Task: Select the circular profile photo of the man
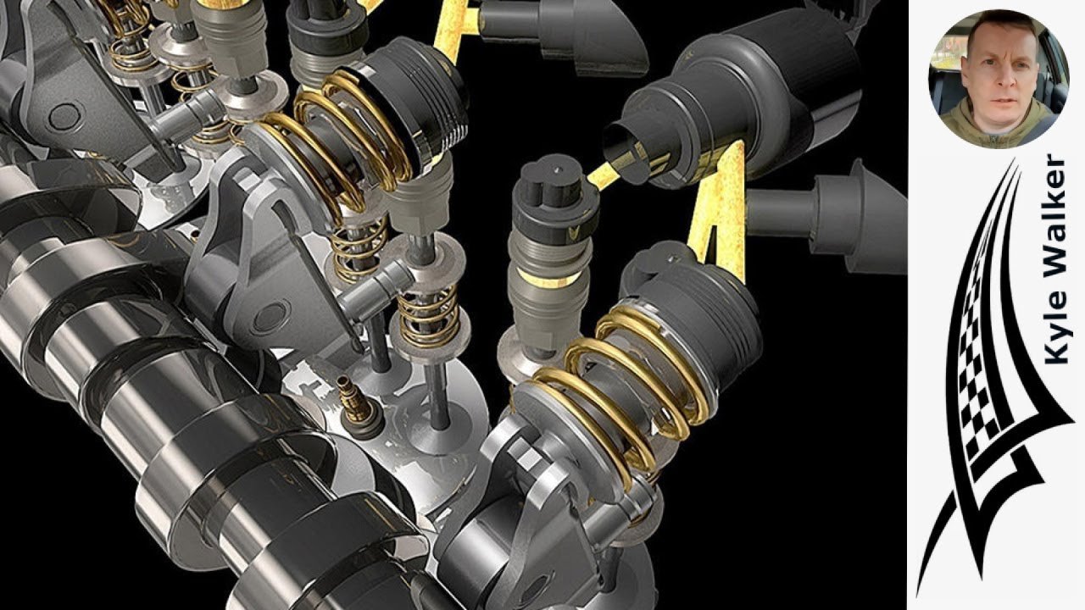[x=999, y=79]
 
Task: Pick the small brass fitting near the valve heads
[x=358, y=407]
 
